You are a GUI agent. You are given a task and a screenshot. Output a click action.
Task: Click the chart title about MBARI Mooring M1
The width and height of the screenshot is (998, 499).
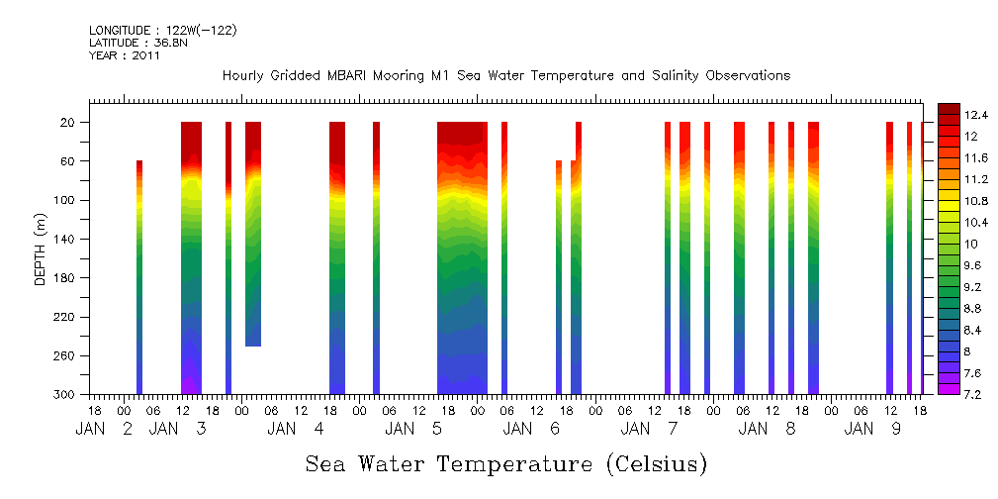(x=505, y=76)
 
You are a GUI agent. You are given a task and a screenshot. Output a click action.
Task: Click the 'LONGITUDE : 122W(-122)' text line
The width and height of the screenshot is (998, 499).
(x=162, y=31)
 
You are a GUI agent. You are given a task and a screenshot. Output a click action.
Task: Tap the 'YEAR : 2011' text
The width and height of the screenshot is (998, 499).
(x=124, y=56)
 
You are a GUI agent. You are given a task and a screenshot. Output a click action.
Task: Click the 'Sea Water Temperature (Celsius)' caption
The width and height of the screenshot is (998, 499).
(x=505, y=463)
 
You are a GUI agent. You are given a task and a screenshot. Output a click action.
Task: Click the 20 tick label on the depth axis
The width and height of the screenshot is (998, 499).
(x=69, y=123)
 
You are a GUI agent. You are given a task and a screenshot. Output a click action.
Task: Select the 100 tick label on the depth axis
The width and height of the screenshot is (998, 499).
(x=66, y=200)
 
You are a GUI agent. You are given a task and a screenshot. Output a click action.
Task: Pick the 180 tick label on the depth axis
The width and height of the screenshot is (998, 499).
(x=66, y=278)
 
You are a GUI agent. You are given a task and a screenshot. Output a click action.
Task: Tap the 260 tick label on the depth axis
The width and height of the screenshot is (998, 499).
(x=66, y=355)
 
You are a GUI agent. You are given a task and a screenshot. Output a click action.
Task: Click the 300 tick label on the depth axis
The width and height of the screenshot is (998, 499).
(x=66, y=395)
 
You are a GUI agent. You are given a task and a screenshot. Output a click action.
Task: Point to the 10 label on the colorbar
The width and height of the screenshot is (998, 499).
(x=971, y=244)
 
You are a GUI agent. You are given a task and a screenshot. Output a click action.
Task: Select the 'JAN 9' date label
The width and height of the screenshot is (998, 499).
(x=871, y=429)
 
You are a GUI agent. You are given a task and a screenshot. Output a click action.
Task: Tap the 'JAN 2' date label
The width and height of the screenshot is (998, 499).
(x=104, y=429)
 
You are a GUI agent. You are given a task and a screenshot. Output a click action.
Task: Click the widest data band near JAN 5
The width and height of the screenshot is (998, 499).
(x=462, y=257)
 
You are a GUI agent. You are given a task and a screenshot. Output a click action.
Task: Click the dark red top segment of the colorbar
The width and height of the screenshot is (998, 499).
(x=948, y=108)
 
